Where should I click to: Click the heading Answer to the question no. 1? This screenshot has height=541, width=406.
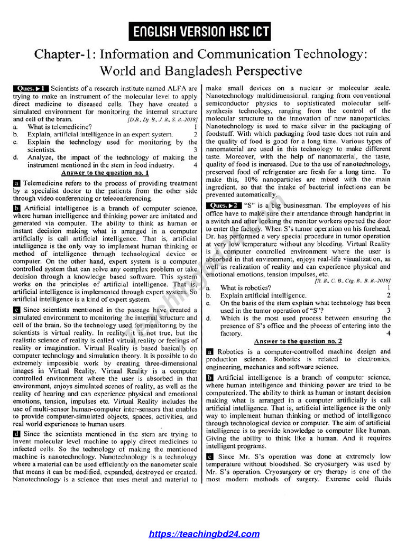(x=105, y=173)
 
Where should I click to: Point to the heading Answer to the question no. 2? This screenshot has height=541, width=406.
(x=298, y=341)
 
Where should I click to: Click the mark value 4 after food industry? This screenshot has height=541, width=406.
(x=195, y=165)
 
